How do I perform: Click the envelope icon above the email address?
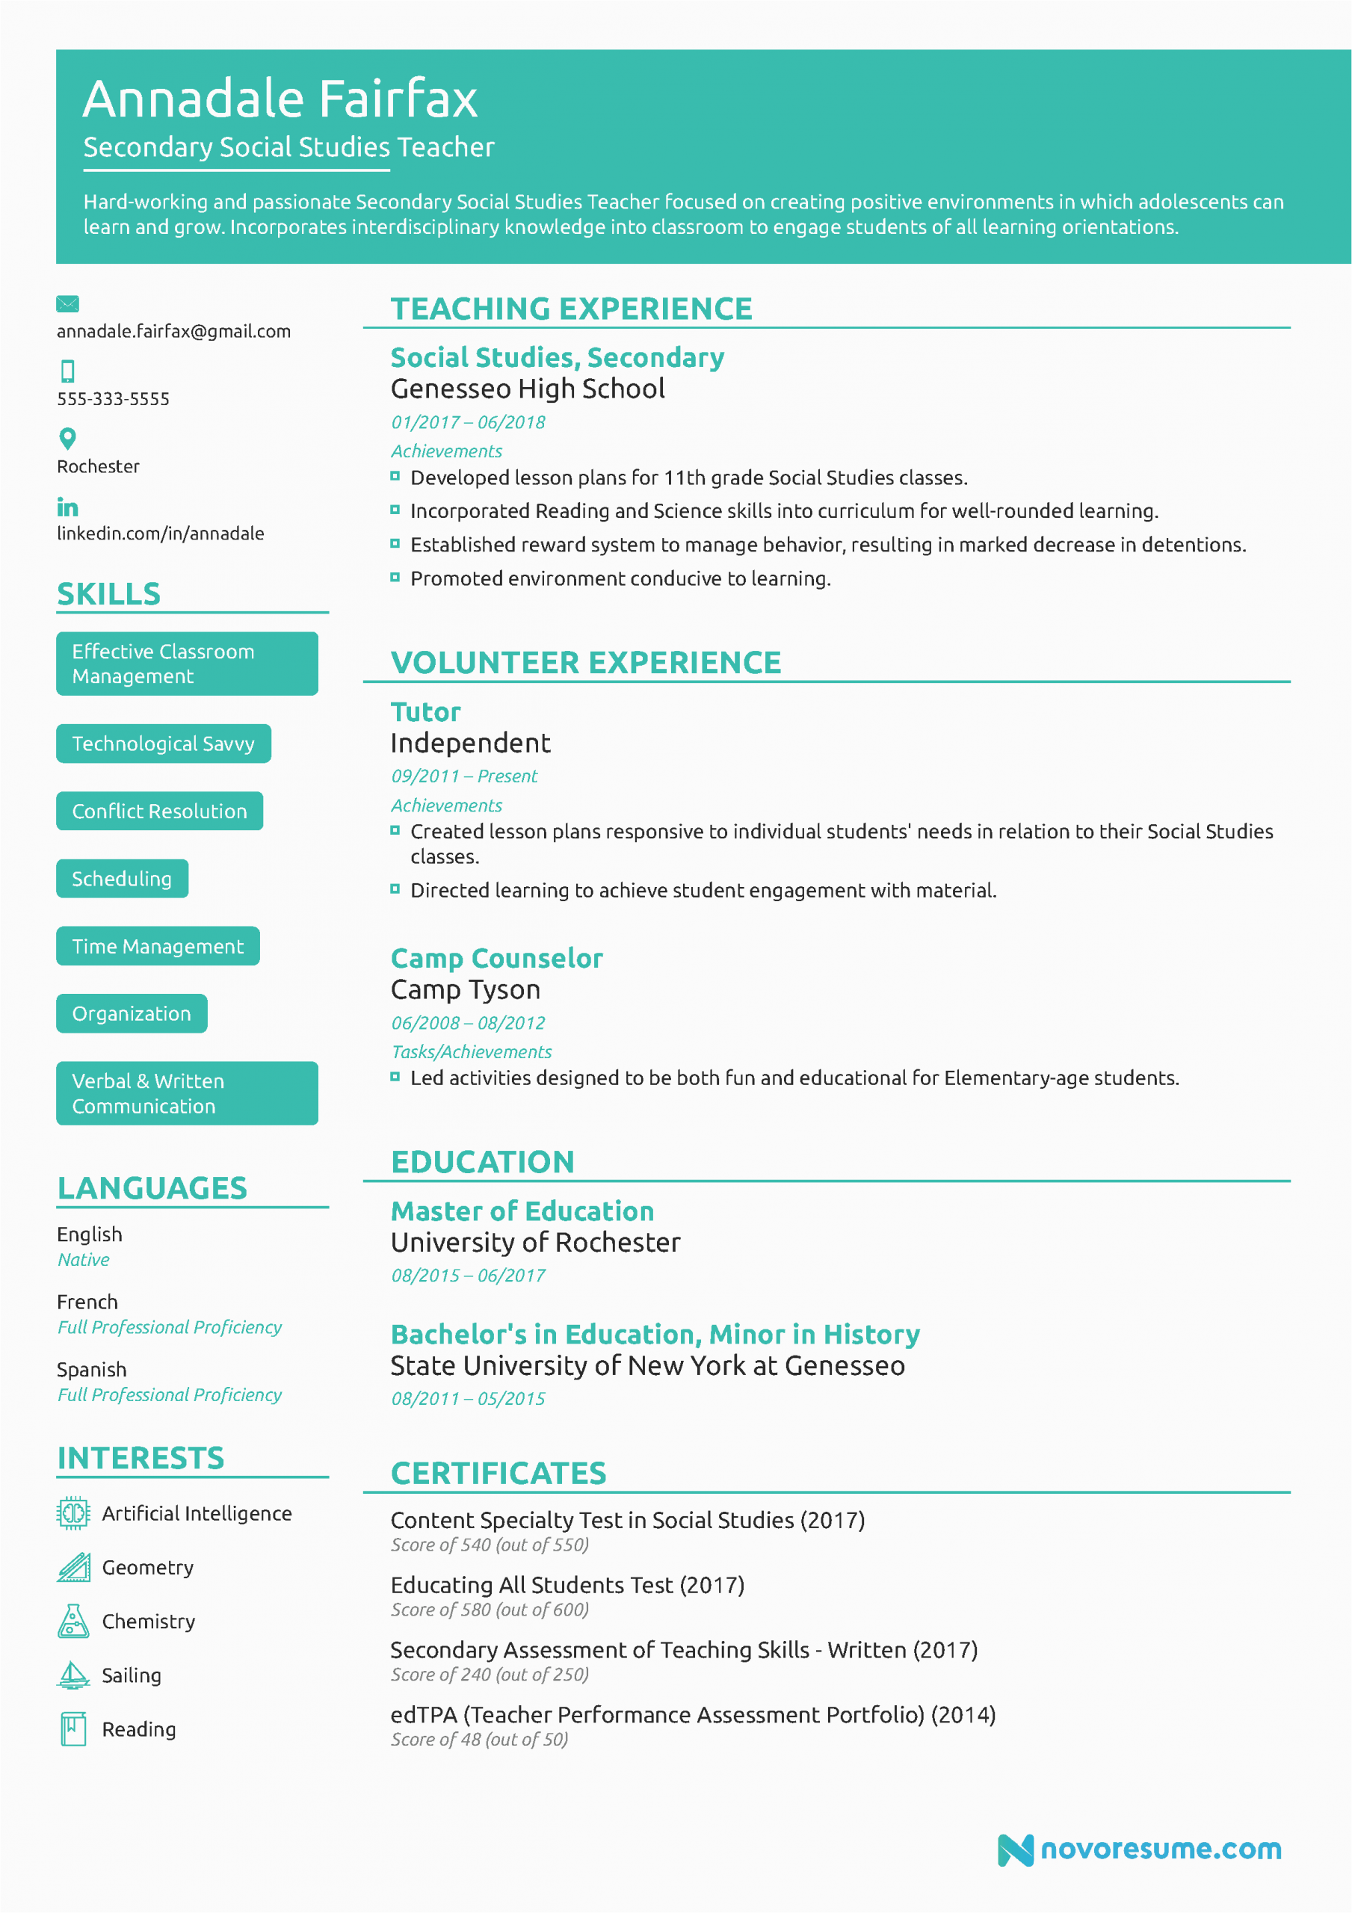(67, 303)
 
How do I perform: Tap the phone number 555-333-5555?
(113, 399)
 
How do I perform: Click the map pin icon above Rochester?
(67, 438)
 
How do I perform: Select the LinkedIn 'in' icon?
(67, 507)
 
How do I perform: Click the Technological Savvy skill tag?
(164, 744)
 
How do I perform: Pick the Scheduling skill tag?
(122, 878)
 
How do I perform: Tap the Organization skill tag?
(132, 1013)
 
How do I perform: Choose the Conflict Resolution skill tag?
(159, 811)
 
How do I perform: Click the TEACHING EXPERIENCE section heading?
(571, 309)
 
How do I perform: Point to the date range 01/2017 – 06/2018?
(468, 422)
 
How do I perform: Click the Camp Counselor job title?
(496, 958)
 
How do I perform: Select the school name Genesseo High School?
(527, 389)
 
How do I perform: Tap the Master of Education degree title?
(522, 1211)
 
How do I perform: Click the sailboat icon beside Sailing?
(73, 1675)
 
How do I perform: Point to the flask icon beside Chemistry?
(73, 1621)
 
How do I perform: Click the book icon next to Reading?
(73, 1729)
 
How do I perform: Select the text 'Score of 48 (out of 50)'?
(479, 1740)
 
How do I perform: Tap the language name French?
(87, 1302)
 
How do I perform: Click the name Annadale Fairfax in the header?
(280, 99)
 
